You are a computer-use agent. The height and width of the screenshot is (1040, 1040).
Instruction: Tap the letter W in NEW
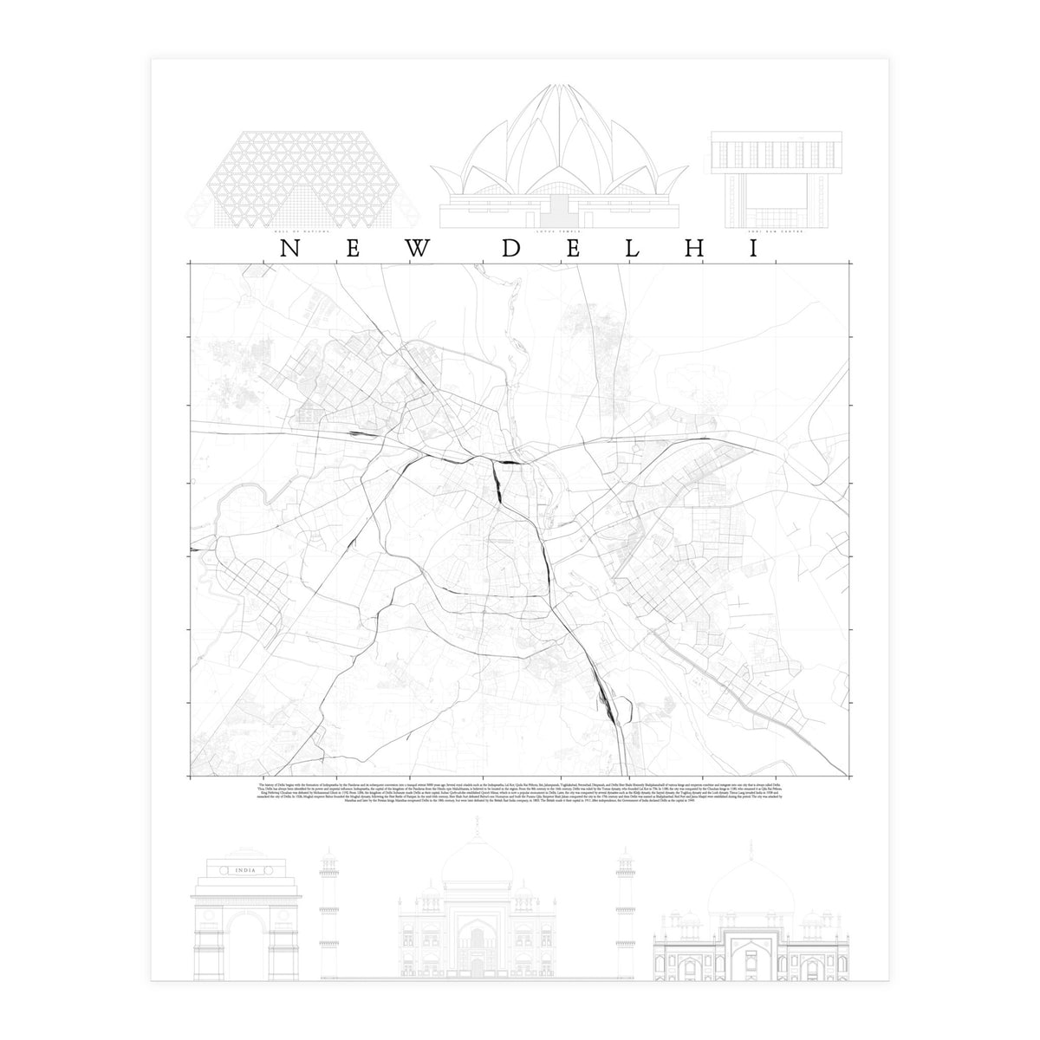pyautogui.click(x=418, y=249)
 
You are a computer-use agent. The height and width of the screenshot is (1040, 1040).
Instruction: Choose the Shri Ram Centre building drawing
pyautogui.click(x=776, y=178)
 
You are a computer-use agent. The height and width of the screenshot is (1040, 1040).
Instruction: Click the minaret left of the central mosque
pyautogui.click(x=329, y=910)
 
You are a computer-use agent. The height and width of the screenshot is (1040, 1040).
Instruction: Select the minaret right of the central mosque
pyautogui.click(x=622, y=910)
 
